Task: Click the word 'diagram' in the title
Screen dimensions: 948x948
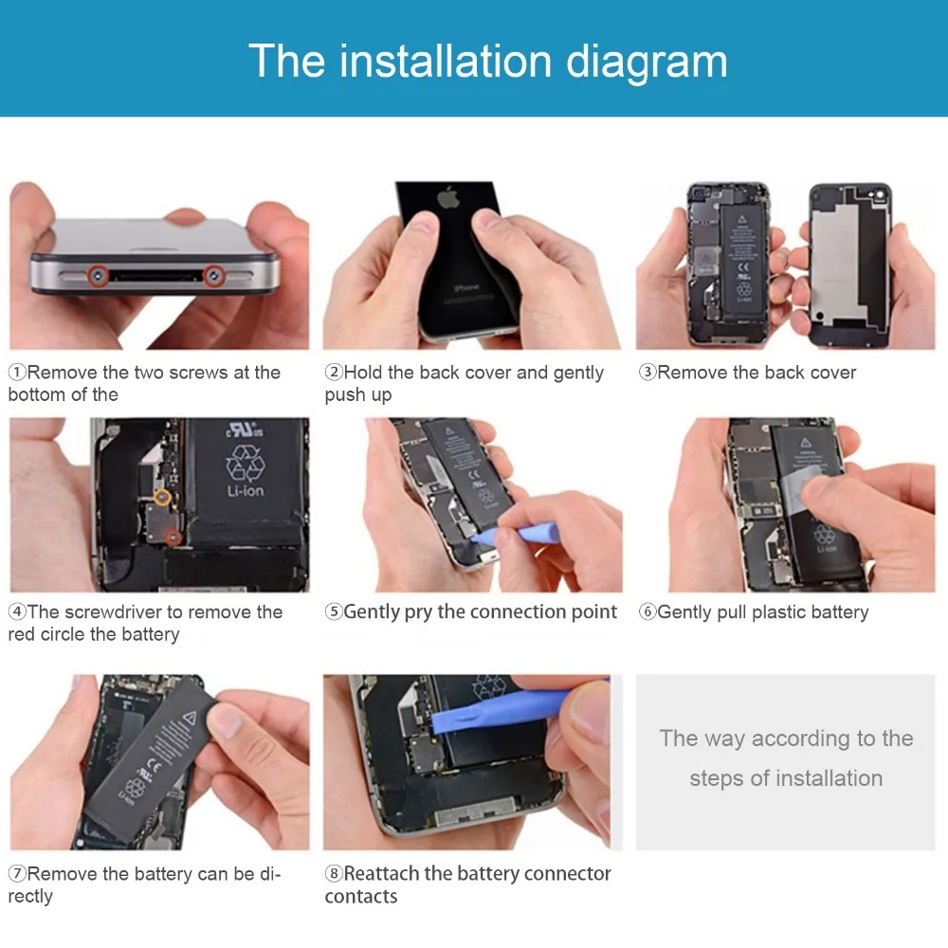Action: pos(647,61)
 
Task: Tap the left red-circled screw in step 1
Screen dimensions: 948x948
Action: pos(98,276)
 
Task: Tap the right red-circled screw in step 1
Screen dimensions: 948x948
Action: pos(213,276)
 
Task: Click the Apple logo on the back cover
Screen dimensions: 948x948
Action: pos(448,198)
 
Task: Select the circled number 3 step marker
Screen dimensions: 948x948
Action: pos(647,372)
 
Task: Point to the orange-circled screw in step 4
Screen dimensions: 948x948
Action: pos(162,498)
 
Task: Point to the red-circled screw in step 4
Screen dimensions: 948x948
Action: pos(174,537)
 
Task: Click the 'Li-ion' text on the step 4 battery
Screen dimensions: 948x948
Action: pos(246,491)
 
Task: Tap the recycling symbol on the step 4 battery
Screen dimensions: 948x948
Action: pos(245,463)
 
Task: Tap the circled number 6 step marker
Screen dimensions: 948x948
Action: pos(647,611)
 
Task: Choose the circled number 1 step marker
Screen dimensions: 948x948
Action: pos(17,372)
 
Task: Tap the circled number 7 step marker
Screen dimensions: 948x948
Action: pos(17,874)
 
